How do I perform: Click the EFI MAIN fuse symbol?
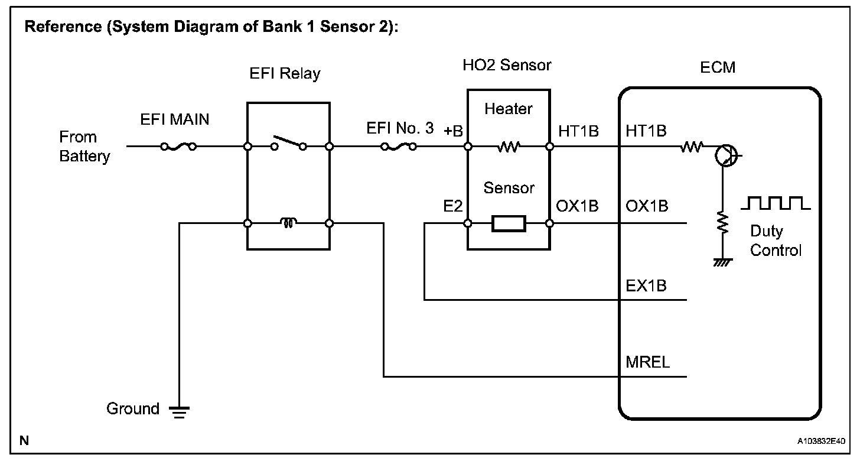(x=179, y=147)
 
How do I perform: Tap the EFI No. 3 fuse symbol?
(x=399, y=147)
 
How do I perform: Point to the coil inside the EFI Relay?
(x=289, y=223)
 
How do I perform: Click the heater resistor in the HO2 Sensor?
(x=508, y=146)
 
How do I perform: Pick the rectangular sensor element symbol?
(x=508, y=223)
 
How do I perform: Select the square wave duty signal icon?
(x=776, y=203)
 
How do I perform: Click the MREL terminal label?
(x=647, y=362)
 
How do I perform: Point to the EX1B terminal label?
(x=646, y=285)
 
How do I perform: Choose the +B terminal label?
(x=453, y=131)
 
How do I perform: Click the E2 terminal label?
(x=454, y=206)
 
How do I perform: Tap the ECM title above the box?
(x=718, y=67)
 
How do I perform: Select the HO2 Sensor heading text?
(x=507, y=65)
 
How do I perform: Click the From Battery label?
(x=83, y=147)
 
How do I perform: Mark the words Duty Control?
(x=776, y=241)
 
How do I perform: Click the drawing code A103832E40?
(x=821, y=441)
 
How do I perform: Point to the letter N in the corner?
(x=24, y=440)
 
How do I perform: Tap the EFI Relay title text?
(x=285, y=74)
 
